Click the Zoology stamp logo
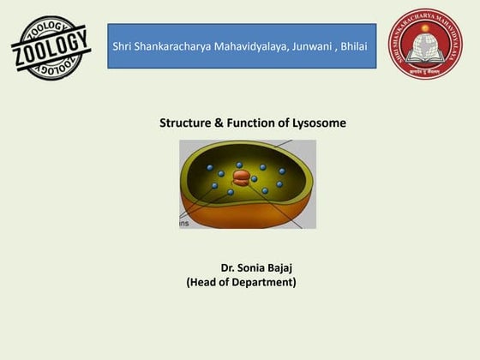[51, 47]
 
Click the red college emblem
[426, 45]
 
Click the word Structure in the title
[186, 123]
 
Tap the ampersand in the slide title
[220, 123]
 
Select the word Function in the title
[251, 123]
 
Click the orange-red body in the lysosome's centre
[243, 177]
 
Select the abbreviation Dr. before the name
[229, 268]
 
